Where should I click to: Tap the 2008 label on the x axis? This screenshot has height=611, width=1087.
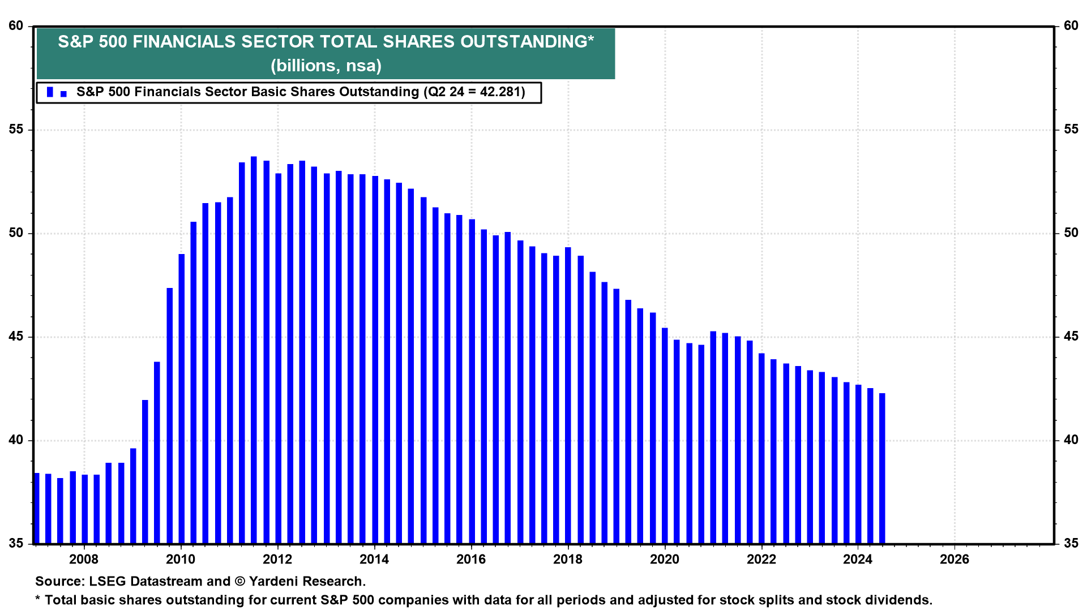pyautogui.click(x=84, y=560)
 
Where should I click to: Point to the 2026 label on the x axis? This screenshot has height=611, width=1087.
pyautogui.click(x=954, y=560)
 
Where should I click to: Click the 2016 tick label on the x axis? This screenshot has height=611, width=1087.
pyautogui.click(x=470, y=560)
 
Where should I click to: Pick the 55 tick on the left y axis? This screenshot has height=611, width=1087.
pyautogui.click(x=16, y=130)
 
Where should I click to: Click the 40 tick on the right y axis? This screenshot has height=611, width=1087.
pyautogui.click(x=1071, y=440)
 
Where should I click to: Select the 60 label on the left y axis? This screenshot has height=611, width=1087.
pyautogui.click(x=16, y=26)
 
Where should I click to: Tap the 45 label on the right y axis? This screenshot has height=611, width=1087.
pyautogui.click(x=1071, y=337)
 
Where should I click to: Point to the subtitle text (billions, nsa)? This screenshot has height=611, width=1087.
pyautogui.click(x=326, y=66)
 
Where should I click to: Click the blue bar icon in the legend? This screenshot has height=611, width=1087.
pyautogui.click(x=50, y=92)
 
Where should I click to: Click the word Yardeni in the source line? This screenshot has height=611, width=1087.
pyautogui.click(x=275, y=582)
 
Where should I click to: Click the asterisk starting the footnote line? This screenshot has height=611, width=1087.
pyautogui.click(x=38, y=599)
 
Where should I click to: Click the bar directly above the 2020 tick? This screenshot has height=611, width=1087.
pyautogui.click(x=665, y=436)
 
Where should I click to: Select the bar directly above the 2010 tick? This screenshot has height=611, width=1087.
pyautogui.click(x=182, y=399)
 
